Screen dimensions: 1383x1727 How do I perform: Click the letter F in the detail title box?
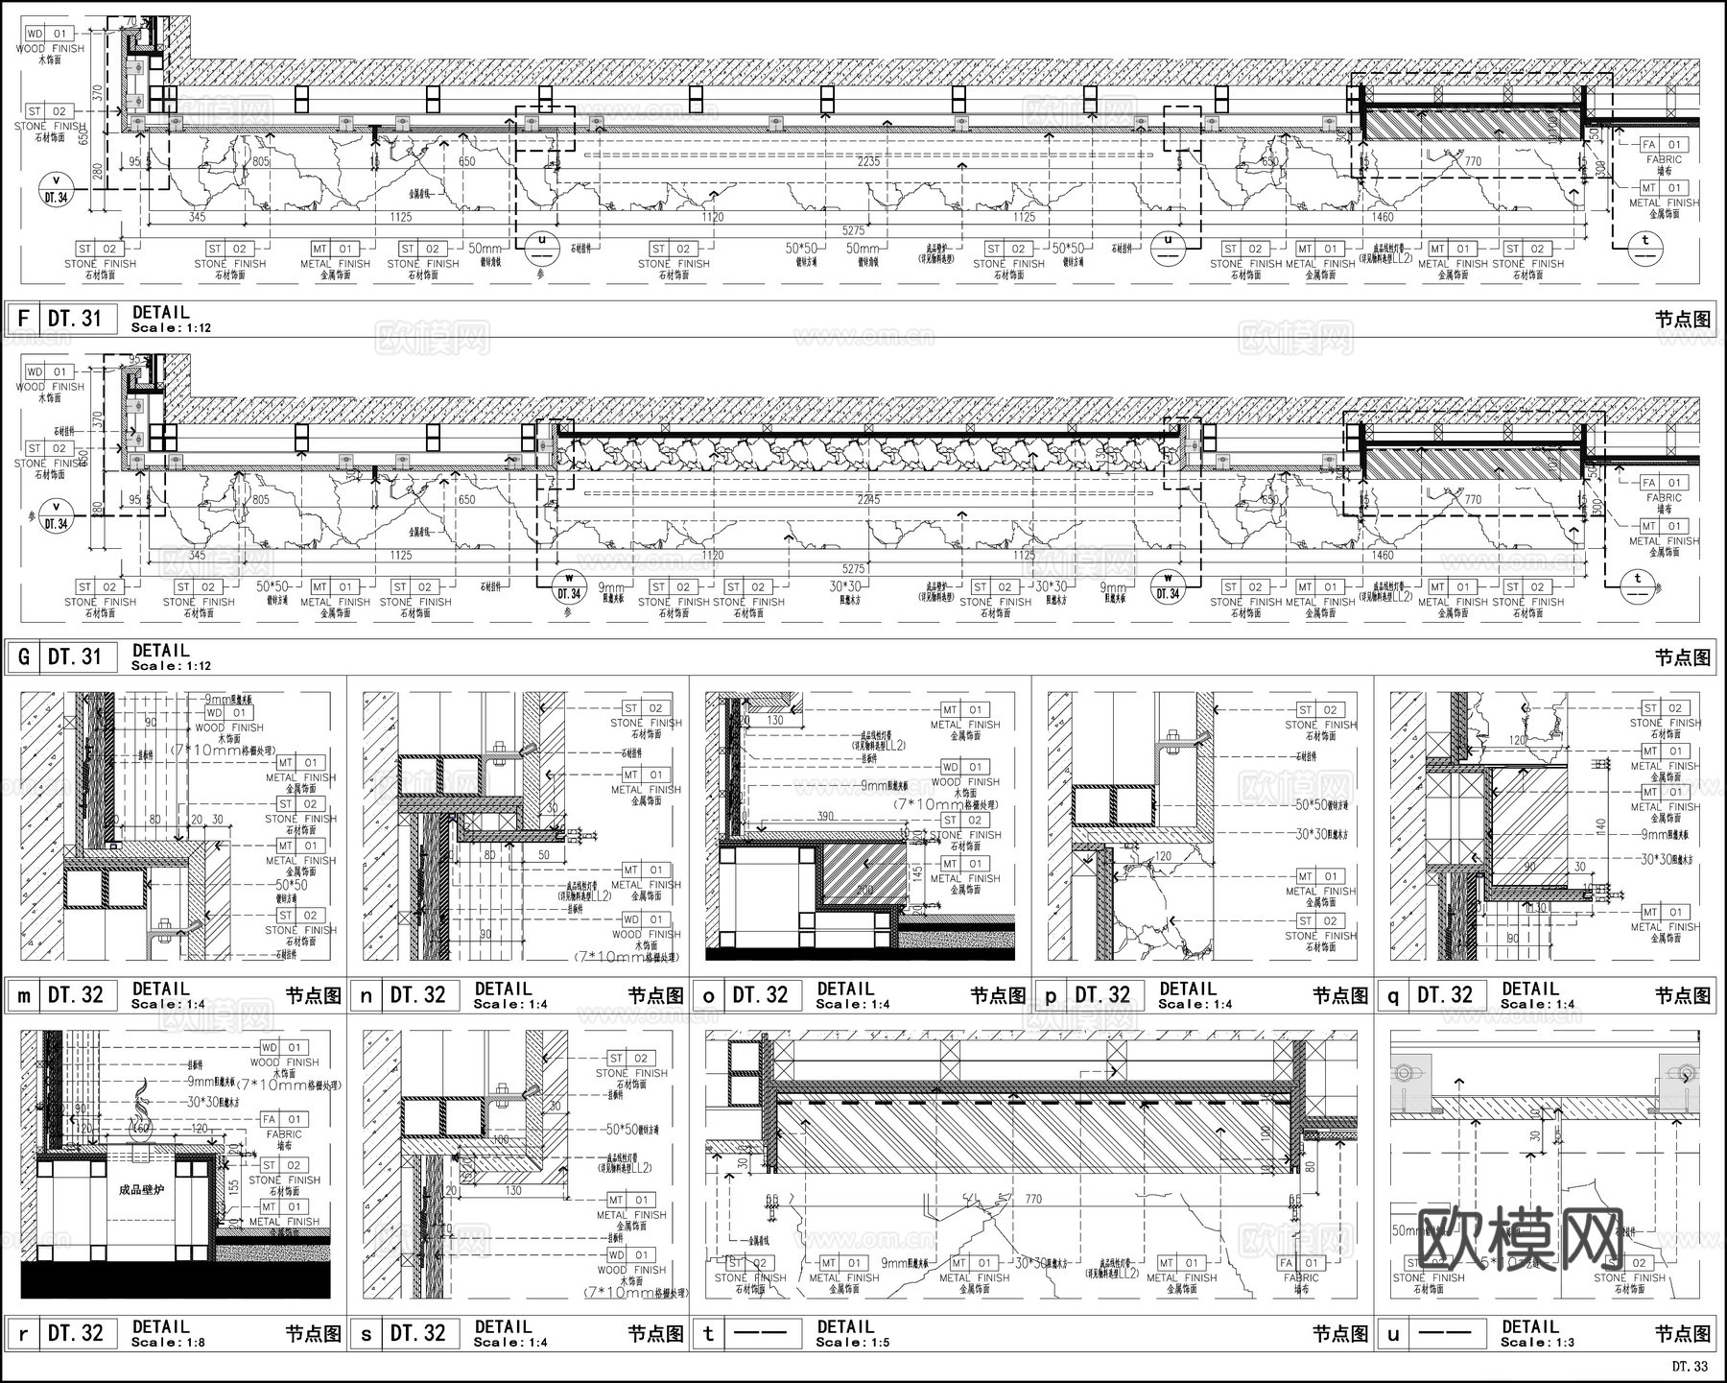[23, 319]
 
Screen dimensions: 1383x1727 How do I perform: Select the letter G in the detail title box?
[23, 657]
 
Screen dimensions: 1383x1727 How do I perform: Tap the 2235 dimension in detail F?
[868, 162]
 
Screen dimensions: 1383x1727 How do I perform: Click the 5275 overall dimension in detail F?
[853, 231]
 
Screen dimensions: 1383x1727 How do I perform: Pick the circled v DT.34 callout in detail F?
[56, 190]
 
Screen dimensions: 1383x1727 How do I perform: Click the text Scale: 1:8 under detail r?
[168, 1343]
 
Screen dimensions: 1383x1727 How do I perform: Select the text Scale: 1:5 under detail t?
[853, 1343]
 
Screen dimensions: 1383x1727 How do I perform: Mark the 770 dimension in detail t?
[1033, 1200]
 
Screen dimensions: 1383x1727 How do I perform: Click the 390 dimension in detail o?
[824, 816]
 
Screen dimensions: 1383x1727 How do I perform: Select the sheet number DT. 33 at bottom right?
[1691, 1366]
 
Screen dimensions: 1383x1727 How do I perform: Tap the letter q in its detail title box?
[1393, 996]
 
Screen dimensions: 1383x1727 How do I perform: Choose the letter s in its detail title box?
[366, 1334]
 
